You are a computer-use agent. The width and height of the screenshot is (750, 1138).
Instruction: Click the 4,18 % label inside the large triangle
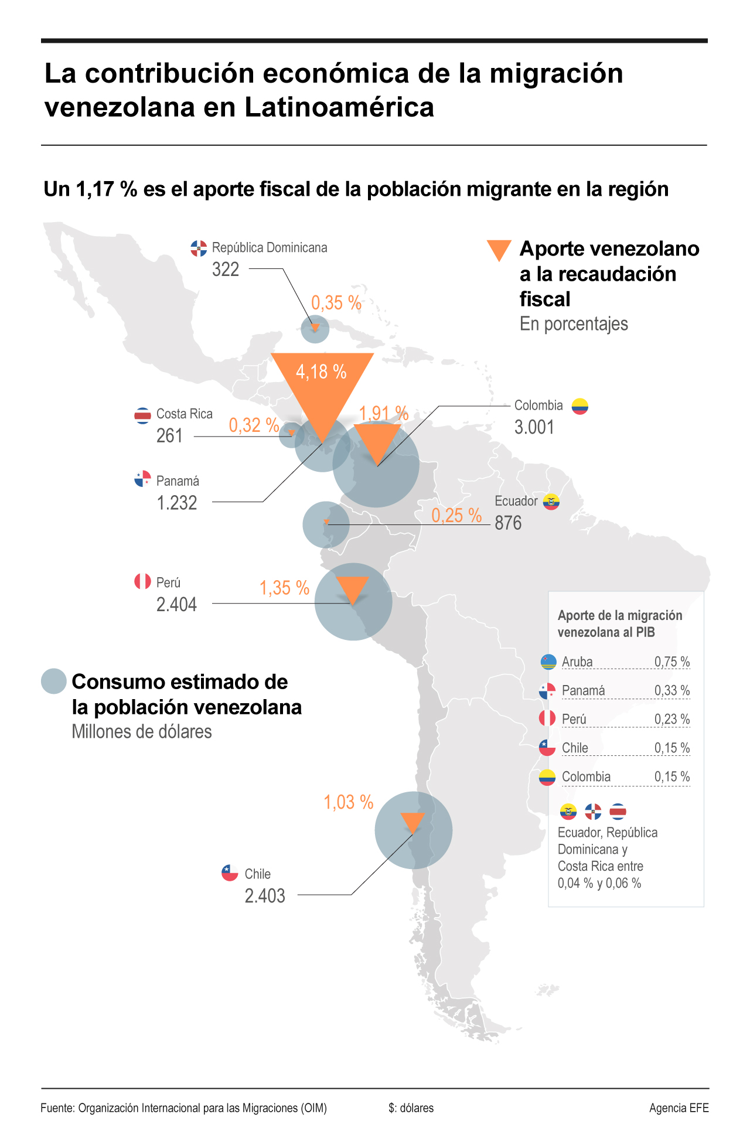click(x=321, y=372)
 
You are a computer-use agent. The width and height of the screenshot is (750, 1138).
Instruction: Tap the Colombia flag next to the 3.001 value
click(x=579, y=406)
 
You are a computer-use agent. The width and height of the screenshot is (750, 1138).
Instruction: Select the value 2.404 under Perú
click(x=176, y=604)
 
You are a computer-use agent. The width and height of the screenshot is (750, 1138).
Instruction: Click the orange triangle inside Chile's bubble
click(x=412, y=822)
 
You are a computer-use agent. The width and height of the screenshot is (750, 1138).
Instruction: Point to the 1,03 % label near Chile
click(x=348, y=802)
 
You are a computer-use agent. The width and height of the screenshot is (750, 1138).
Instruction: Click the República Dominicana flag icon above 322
click(x=199, y=248)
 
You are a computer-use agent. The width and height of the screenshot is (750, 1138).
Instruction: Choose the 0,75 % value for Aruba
click(x=671, y=662)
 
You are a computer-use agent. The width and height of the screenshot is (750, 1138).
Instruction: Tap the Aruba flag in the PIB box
click(x=548, y=662)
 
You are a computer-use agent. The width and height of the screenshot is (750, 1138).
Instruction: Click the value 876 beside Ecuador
click(x=508, y=523)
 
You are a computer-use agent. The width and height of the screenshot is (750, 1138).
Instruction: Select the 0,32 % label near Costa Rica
click(x=254, y=425)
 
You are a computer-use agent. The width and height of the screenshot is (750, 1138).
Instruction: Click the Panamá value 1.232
click(x=177, y=503)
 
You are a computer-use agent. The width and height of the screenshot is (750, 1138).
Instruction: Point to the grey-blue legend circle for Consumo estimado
click(x=54, y=682)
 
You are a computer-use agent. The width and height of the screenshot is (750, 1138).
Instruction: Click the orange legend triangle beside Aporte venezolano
click(x=499, y=250)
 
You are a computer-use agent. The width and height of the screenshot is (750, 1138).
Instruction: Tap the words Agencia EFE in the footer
click(x=679, y=1108)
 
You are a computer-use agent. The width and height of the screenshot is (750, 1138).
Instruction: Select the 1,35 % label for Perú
click(x=284, y=588)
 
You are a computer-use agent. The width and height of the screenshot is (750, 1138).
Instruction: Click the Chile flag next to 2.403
click(x=230, y=873)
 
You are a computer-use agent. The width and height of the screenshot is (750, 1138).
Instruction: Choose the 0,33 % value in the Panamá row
click(x=671, y=690)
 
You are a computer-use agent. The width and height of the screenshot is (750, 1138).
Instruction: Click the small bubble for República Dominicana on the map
click(x=315, y=329)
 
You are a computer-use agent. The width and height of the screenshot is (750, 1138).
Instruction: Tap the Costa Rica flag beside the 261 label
click(x=142, y=415)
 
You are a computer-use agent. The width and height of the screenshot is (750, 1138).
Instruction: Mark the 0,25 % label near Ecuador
click(x=456, y=515)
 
